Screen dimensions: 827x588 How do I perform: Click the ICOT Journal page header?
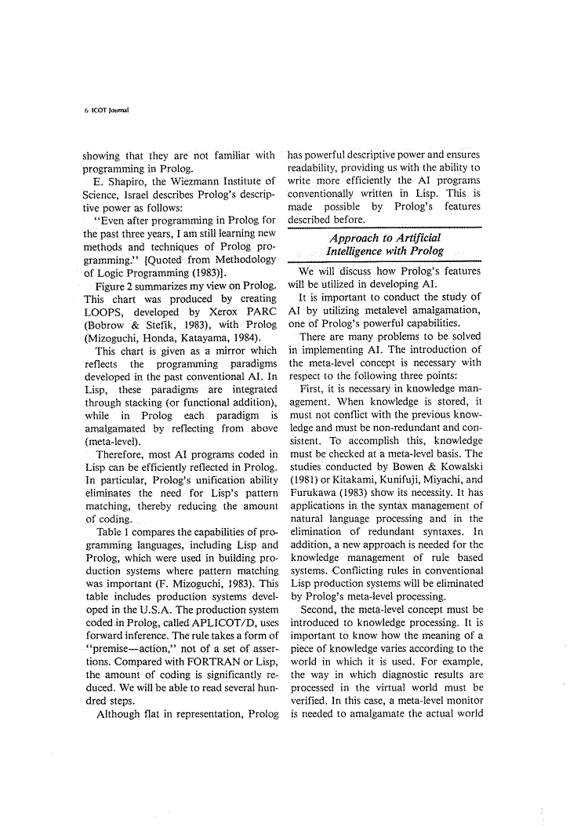click(x=107, y=111)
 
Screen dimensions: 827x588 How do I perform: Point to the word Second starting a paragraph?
click(x=318, y=609)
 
